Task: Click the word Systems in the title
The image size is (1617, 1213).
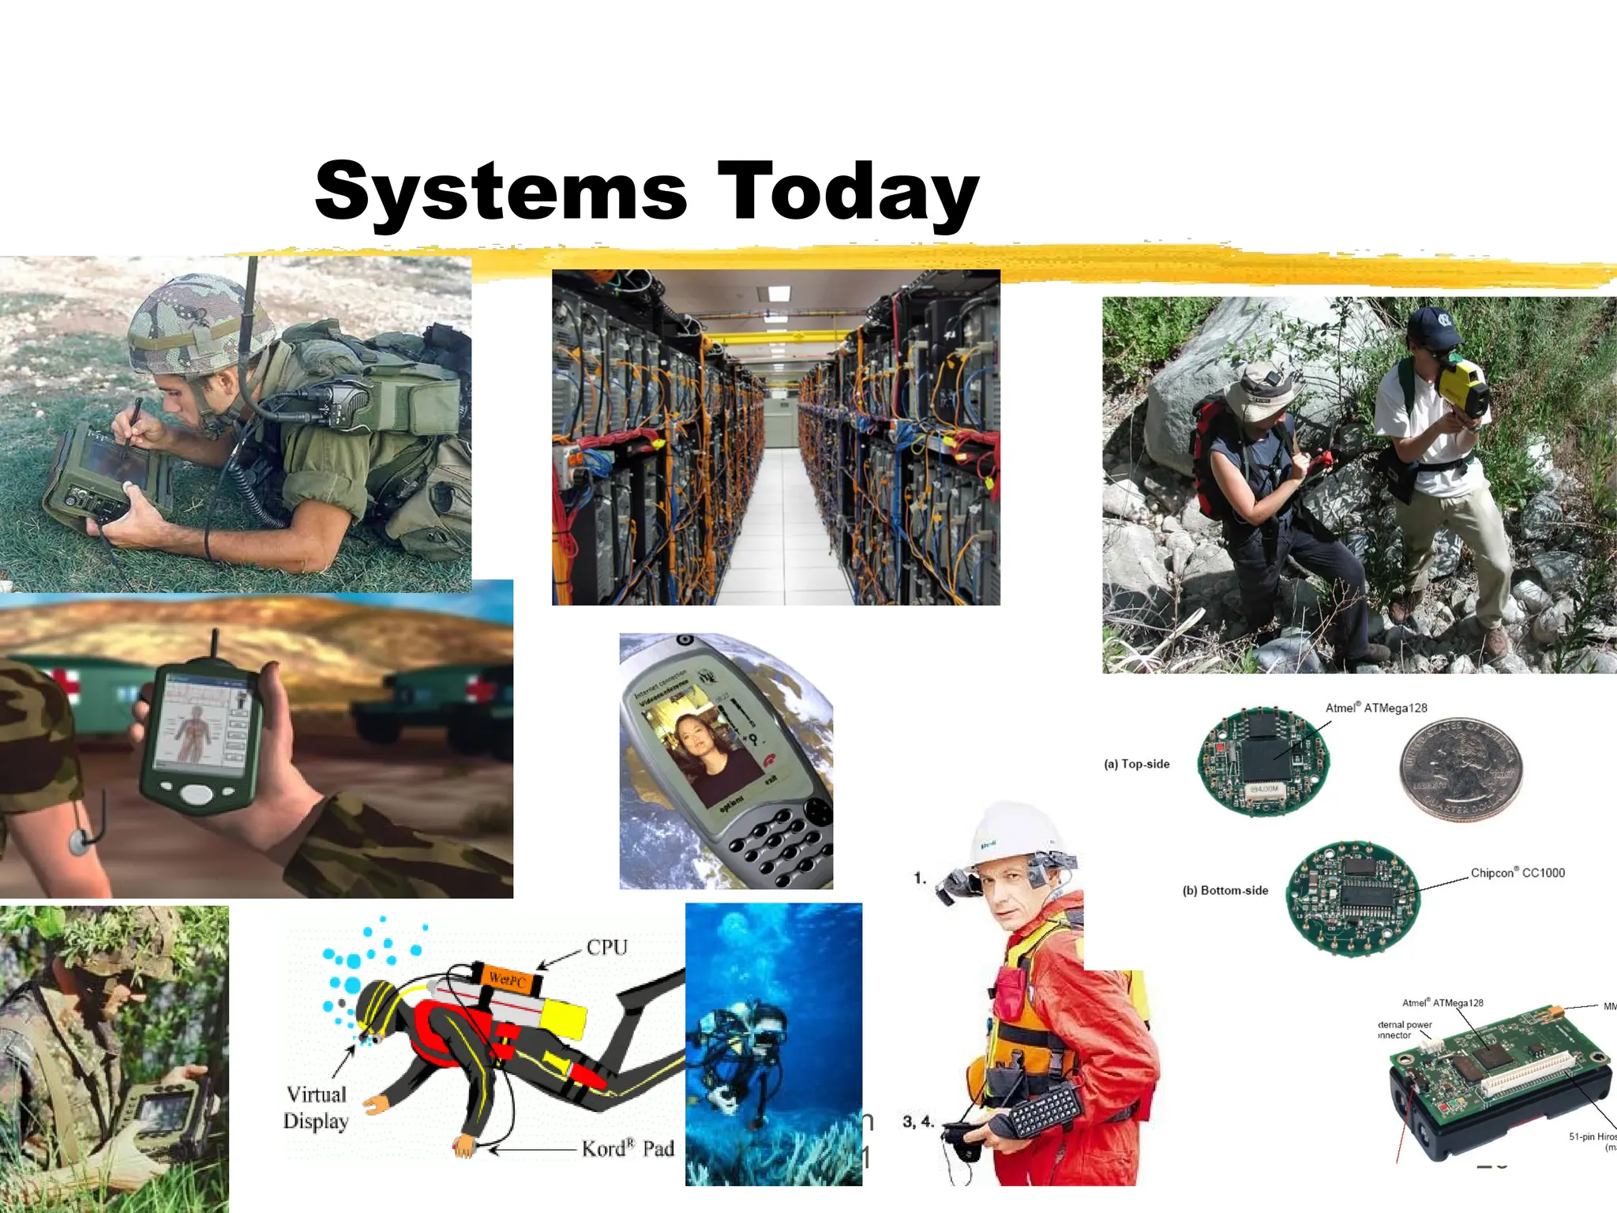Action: pyautogui.click(x=501, y=192)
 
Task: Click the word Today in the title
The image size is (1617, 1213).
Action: pyautogui.click(x=848, y=192)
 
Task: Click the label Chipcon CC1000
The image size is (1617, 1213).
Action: pyautogui.click(x=1517, y=873)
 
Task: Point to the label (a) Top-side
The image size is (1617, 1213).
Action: pyautogui.click(x=1136, y=764)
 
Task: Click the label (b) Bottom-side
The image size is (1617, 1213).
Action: pyautogui.click(x=1225, y=890)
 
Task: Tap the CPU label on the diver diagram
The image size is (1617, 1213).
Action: pyautogui.click(x=606, y=947)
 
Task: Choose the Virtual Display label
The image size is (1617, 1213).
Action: pyautogui.click(x=316, y=1107)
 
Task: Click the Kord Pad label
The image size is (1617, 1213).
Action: pyautogui.click(x=628, y=1148)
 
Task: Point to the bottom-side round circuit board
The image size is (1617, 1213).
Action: pyautogui.click(x=1353, y=898)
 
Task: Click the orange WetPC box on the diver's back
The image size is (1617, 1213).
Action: pyautogui.click(x=507, y=979)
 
